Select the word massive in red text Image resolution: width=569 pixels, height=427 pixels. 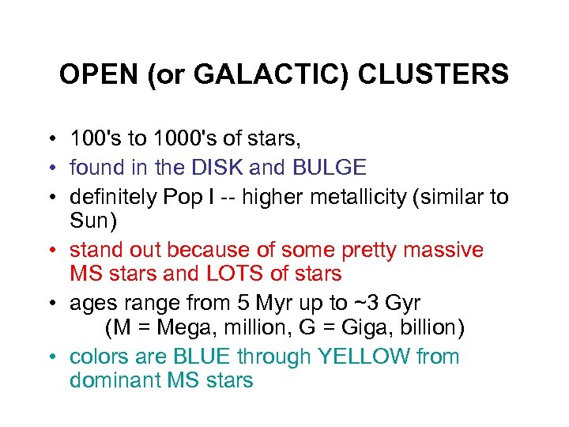[x=443, y=250]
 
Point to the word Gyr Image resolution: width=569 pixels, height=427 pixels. [x=400, y=302]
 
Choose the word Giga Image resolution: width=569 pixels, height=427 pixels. [x=374, y=327]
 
